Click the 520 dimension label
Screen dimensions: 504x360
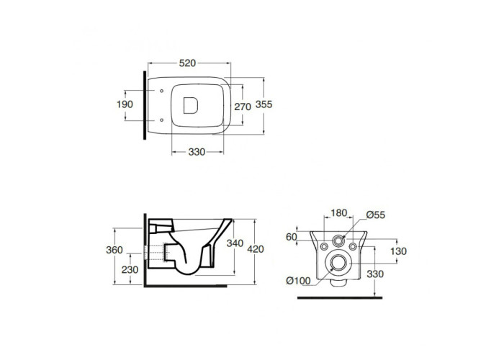(187, 63)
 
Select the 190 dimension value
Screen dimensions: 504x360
(125, 104)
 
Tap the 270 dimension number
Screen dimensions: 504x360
(243, 107)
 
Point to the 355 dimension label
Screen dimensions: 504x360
(264, 104)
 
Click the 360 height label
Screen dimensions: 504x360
(114, 250)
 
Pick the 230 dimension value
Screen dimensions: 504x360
(130, 270)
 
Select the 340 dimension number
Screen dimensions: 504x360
(235, 243)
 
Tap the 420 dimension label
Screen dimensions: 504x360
(256, 249)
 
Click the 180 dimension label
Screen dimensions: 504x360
(339, 213)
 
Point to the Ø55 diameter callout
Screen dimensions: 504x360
(375, 215)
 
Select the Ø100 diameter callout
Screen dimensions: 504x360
(299, 281)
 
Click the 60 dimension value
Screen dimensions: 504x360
(291, 237)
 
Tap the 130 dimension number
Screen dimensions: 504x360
(399, 251)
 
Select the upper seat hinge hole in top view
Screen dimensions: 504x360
(161, 91)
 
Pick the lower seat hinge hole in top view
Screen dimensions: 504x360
(161, 120)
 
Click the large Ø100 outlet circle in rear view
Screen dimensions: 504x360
(338, 255)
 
